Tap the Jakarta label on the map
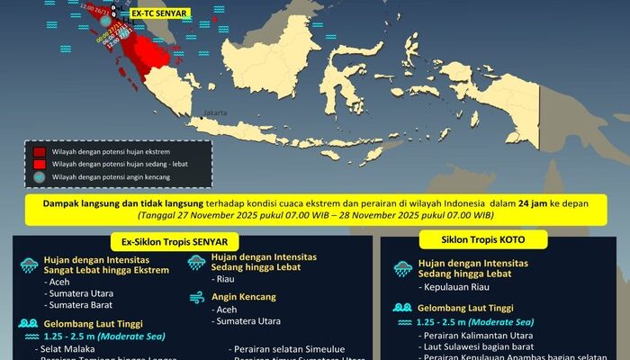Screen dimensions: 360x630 point(215,112)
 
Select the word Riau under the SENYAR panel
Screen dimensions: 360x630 point(227,280)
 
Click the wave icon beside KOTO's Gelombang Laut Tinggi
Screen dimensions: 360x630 point(402,308)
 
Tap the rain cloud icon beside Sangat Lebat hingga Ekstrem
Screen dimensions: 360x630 point(30,265)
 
